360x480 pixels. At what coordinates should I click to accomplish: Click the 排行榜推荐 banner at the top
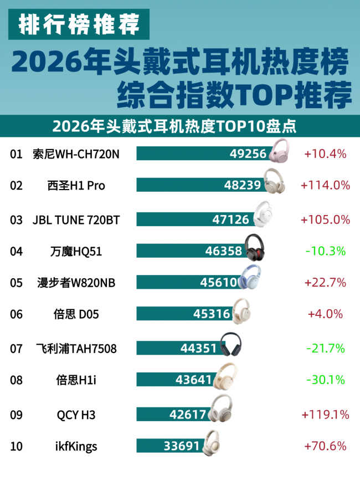[79, 24]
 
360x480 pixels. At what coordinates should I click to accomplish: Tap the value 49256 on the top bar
[248, 154]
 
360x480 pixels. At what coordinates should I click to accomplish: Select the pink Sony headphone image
[279, 150]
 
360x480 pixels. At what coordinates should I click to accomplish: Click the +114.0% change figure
[325, 185]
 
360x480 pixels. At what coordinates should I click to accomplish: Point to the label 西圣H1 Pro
[76, 186]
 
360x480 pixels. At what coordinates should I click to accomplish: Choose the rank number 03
[16, 220]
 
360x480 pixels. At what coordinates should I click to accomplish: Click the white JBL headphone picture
[263, 215]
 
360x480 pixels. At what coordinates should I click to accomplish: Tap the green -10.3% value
[326, 251]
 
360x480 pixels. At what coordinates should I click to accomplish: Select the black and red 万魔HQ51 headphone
[254, 247]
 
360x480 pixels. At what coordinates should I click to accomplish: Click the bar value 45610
[219, 283]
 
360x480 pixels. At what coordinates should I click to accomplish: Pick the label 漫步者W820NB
[76, 283]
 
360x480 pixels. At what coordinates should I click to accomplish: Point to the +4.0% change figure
[325, 314]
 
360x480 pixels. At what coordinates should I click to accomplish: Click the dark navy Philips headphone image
[231, 344]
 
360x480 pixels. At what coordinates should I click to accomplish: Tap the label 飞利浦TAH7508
[76, 349]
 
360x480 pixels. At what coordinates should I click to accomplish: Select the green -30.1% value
[326, 380]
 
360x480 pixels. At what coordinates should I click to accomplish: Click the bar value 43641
[194, 380]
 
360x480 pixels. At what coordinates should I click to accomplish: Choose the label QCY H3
[76, 415]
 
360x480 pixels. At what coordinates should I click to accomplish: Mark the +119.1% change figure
[325, 415]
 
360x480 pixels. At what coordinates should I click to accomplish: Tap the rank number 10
[16, 446]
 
